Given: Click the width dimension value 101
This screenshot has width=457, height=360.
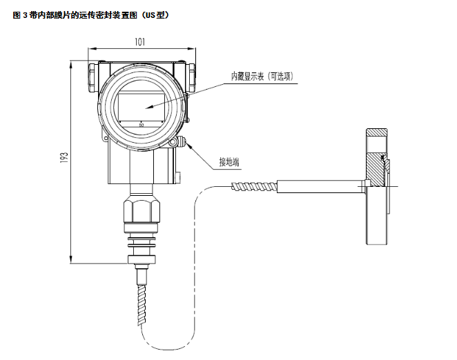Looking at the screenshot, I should click(139, 42).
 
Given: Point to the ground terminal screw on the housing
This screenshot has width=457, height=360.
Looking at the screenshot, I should click(182, 142).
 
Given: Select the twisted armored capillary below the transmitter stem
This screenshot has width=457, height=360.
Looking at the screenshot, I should click(142, 304).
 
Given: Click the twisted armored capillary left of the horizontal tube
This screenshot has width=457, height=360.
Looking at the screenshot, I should click(252, 185).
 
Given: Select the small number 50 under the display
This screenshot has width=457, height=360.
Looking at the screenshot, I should click(142, 125).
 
